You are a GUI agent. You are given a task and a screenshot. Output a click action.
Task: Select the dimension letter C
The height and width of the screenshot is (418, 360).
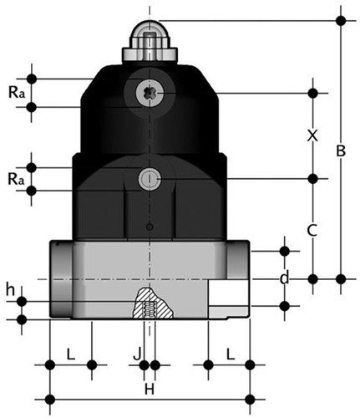point(312,228)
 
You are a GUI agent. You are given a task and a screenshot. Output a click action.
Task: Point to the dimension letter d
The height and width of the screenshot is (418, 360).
point(284,278)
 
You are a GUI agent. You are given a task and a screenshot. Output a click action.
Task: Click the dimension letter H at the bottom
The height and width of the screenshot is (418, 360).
point(150,390)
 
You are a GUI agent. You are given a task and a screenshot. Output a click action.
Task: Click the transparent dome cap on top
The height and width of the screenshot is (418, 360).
point(149,33)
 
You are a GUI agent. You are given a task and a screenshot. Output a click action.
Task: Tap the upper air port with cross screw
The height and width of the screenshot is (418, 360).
point(149,92)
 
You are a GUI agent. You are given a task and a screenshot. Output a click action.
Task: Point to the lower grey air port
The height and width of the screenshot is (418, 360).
point(150,178)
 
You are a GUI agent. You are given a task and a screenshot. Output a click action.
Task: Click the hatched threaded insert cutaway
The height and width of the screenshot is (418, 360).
point(149,303)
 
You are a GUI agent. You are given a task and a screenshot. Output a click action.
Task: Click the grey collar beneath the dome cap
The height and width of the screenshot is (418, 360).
point(149,55)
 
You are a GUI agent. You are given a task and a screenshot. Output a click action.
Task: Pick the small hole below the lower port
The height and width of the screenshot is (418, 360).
point(149,227)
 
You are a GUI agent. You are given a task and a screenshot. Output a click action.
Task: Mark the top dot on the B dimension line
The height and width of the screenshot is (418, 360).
point(341,16)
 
